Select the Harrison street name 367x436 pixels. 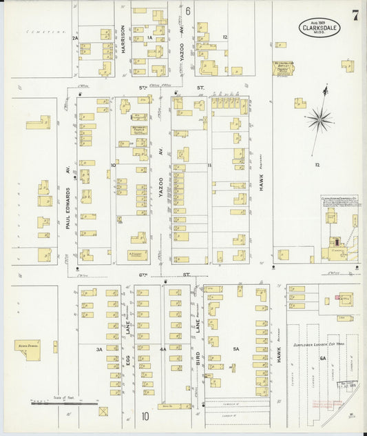[123, 40]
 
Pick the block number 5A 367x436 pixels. [235, 349]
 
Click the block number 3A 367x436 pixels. [99, 349]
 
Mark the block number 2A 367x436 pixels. [76, 38]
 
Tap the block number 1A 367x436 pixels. [149, 38]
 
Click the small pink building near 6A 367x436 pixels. [338, 298]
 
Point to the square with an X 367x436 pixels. [103, 412]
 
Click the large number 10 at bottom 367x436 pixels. [145, 416]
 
